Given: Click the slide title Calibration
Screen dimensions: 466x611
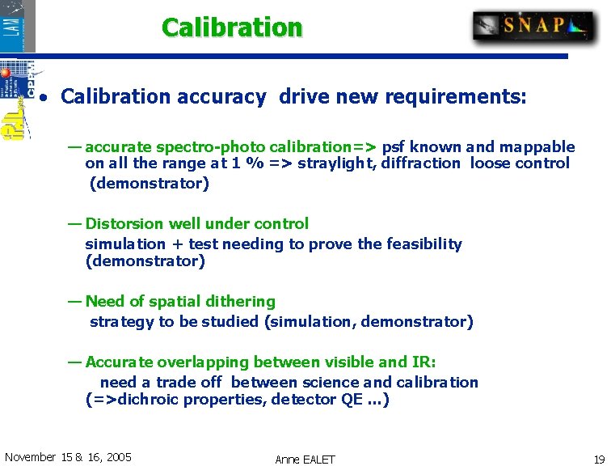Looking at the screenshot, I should [x=232, y=28].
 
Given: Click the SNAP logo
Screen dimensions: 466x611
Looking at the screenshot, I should [x=533, y=27].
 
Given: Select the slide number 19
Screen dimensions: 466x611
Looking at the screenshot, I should [x=599, y=459].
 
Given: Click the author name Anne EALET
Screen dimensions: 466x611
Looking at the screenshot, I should [x=305, y=460].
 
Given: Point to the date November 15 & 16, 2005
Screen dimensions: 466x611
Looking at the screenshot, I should [x=68, y=457].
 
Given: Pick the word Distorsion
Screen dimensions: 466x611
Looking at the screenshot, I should [x=124, y=224].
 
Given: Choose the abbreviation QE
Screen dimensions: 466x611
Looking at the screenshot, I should [x=352, y=400].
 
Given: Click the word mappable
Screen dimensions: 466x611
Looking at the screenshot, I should [x=537, y=147].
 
